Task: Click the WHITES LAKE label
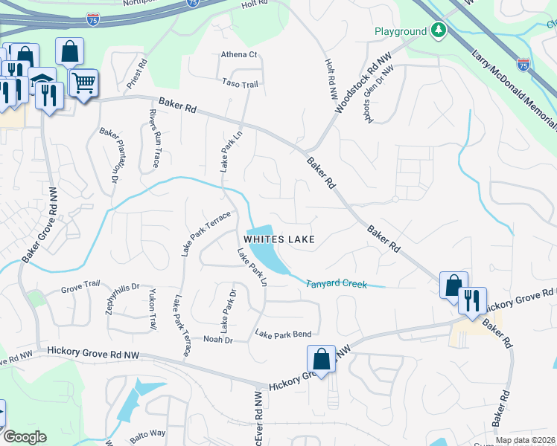(x=280, y=239)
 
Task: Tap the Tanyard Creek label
(x=336, y=283)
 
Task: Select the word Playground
(x=400, y=31)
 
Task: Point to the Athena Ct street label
(x=238, y=54)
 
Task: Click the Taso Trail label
(x=240, y=84)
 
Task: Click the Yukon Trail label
(x=153, y=309)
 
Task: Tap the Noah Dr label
(x=218, y=339)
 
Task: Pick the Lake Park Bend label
(x=283, y=334)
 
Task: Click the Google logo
(x=26, y=437)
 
